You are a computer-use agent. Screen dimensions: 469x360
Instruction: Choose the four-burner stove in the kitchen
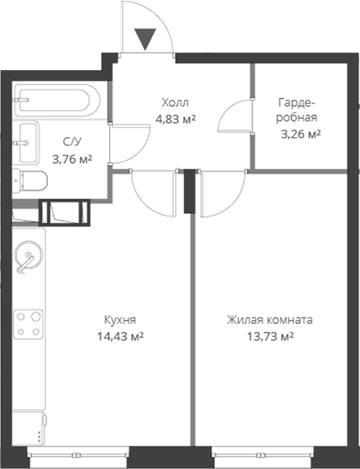(30, 322)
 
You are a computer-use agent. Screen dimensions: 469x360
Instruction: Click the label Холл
(175, 103)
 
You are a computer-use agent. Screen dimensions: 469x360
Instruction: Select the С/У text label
(71, 142)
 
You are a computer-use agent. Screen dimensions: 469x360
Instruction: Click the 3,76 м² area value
(71, 159)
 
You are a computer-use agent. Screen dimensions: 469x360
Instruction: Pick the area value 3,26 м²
(300, 134)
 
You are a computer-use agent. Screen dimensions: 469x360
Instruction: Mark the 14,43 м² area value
(123, 336)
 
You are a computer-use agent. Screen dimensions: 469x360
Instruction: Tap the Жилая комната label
(270, 319)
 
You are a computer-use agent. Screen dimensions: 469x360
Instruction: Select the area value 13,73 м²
(270, 336)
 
